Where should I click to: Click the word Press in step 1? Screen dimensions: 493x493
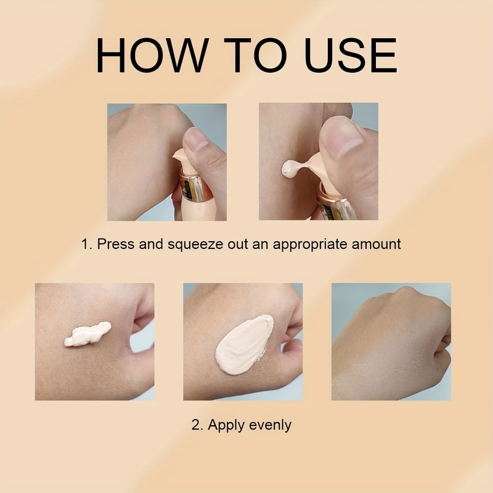coord(115,244)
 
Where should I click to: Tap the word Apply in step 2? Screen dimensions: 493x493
coord(227,425)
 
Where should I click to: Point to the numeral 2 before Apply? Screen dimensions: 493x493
coord(195,425)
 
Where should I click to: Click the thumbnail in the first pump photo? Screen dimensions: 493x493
coord(198,141)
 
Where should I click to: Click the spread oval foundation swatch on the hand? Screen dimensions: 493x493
coord(244,343)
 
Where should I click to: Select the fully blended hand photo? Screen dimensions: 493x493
coord(391,342)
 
